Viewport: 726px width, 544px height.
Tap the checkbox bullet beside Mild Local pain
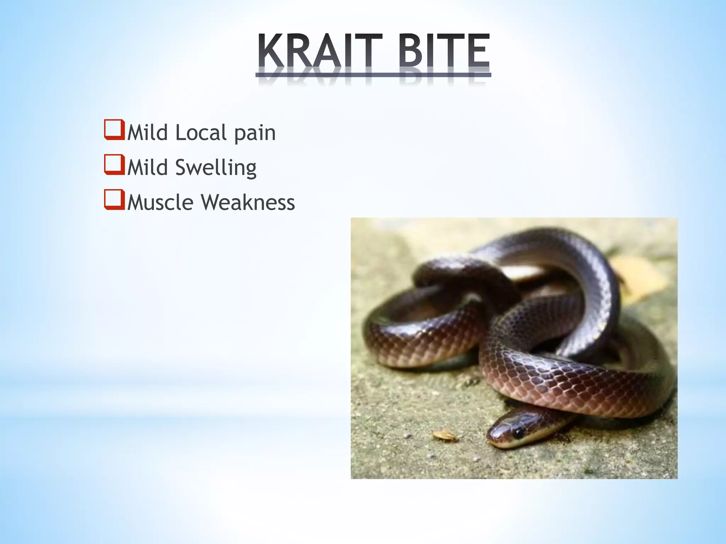point(114,130)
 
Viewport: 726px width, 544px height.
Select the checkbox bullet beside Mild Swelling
point(114,165)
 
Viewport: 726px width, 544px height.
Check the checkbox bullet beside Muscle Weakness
point(114,200)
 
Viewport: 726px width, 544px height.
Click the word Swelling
point(216,168)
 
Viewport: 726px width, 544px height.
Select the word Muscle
point(160,203)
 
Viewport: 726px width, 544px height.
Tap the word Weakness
point(248,203)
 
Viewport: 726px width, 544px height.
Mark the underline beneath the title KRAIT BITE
point(373,75)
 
